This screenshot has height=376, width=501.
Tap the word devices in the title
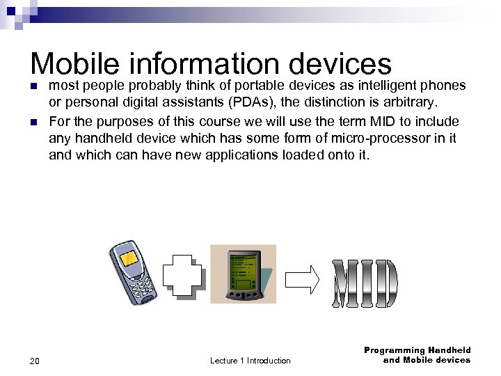340,64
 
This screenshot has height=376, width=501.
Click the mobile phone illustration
134,272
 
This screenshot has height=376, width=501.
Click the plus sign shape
184,275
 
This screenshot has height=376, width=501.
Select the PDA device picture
243,273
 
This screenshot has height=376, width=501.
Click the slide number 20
35,361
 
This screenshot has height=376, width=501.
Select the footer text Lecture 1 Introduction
250,361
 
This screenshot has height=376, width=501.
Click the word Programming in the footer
394,350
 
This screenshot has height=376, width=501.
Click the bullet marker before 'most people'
33,86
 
